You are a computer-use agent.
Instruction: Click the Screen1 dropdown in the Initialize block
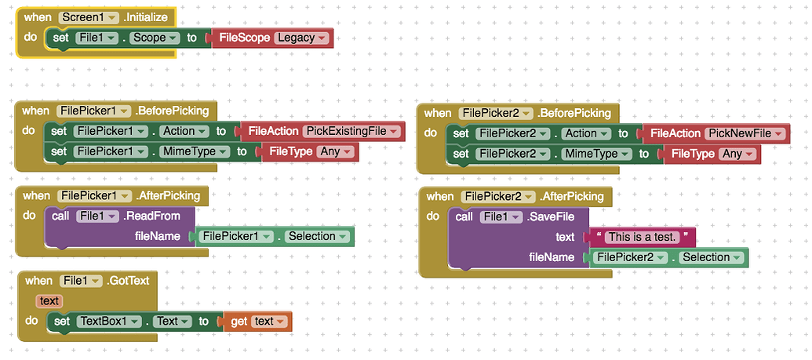[89, 17]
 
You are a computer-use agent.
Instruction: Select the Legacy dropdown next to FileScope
[302, 38]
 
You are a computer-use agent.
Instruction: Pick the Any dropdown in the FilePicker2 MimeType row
[737, 154]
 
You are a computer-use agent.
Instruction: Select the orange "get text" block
[257, 321]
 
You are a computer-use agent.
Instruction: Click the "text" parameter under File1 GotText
[49, 300]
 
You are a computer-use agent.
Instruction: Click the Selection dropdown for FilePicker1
[315, 236]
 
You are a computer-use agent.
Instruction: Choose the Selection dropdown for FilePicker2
[710, 257]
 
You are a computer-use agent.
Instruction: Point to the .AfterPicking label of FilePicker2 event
[570, 196]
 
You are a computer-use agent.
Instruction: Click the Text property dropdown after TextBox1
[173, 321]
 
